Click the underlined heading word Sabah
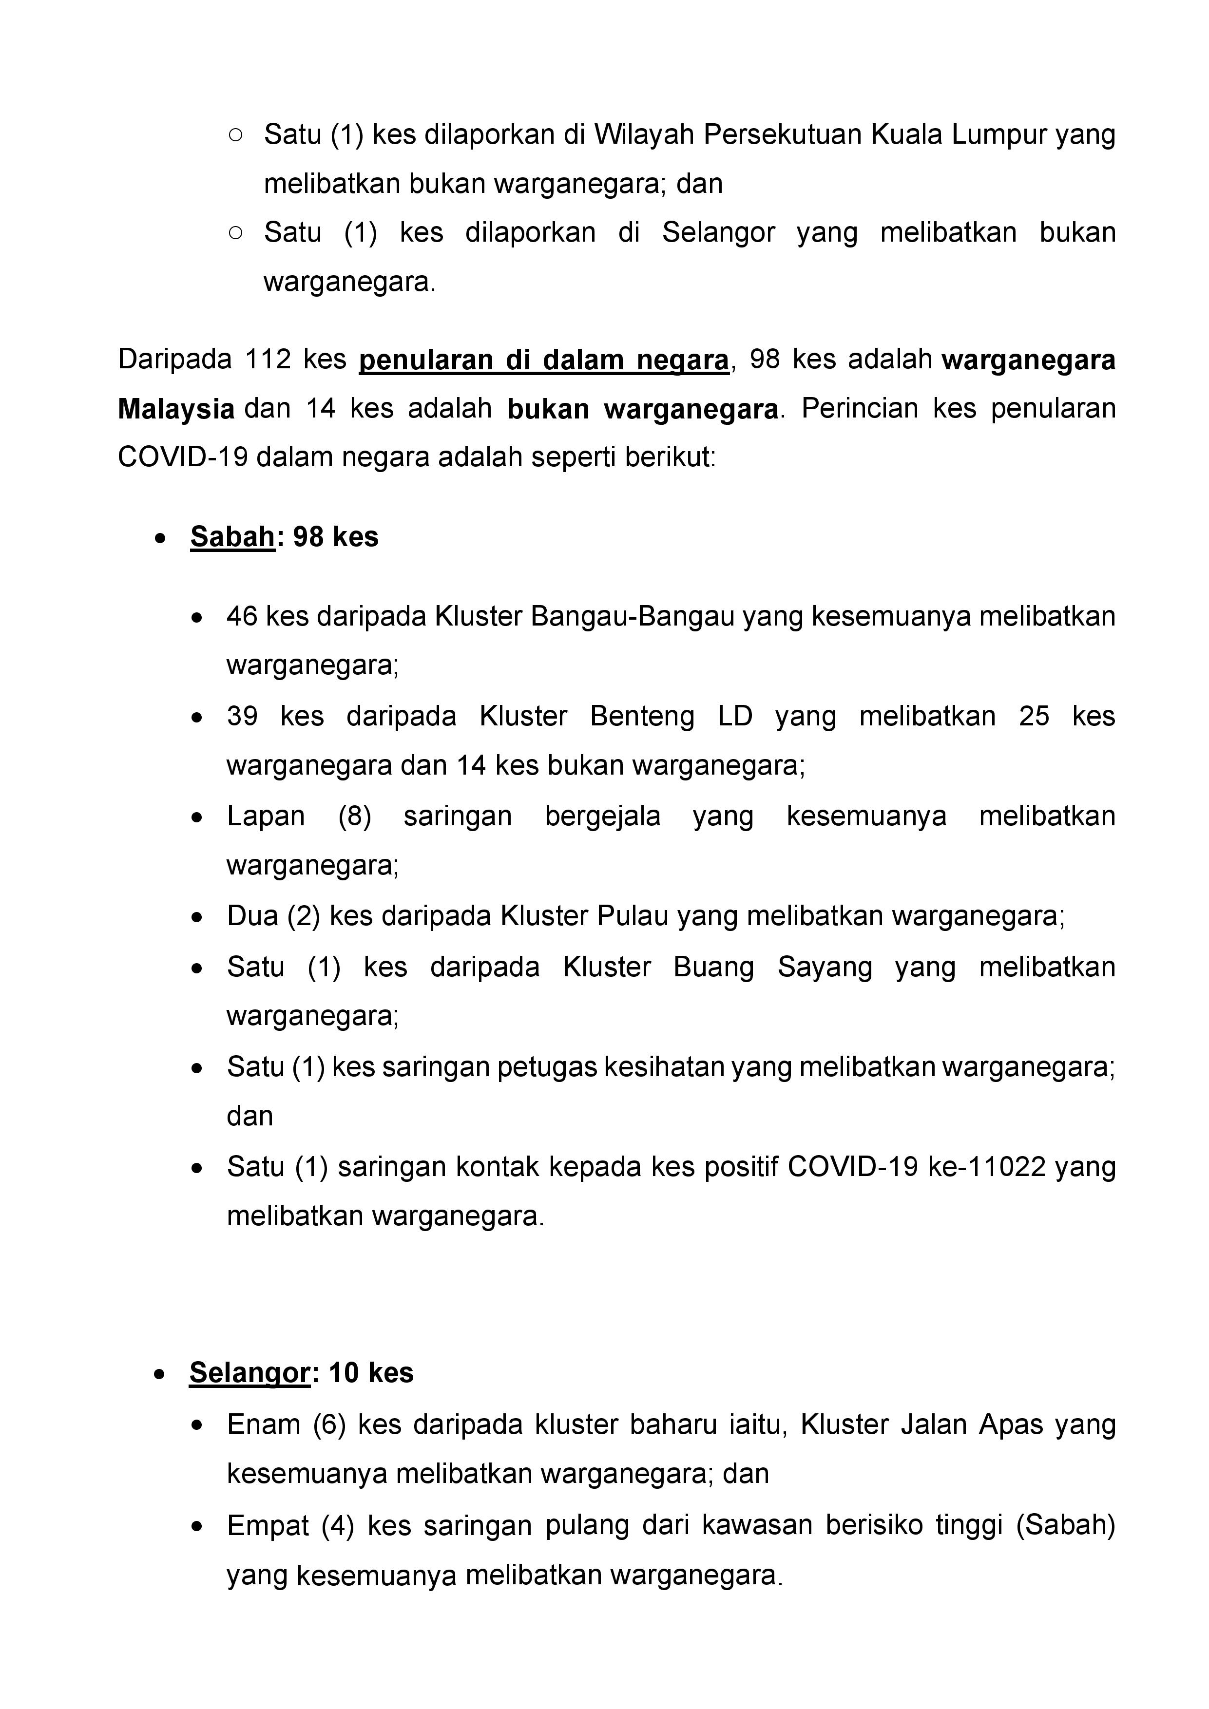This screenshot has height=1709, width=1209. tap(232, 537)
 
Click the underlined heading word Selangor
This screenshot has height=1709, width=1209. tap(249, 1372)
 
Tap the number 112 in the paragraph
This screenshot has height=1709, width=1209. tap(268, 360)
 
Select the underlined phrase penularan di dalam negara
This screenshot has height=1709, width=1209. tap(543, 360)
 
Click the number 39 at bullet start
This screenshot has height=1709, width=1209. tap(242, 716)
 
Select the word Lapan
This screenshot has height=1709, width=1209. tap(266, 816)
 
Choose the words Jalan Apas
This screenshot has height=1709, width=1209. tap(972, 1424)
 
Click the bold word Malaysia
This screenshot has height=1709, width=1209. tap(176, 409)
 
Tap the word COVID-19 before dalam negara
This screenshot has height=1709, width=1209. tap(183, 457)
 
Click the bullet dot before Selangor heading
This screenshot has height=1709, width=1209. tap(159, 1374)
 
